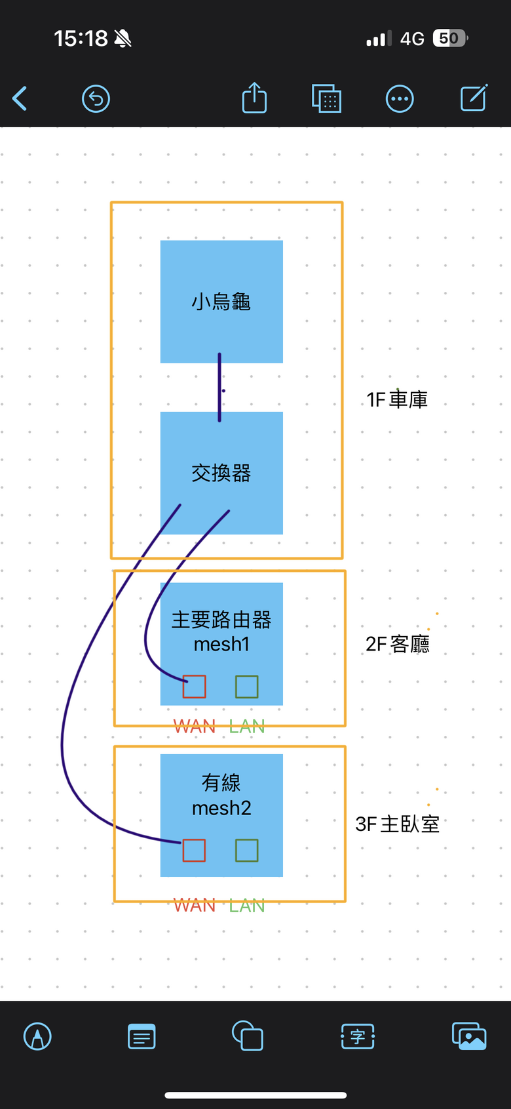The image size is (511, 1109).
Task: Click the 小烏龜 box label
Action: click(x=221, y=302)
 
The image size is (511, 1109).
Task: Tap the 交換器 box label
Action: click(x=221, y=473)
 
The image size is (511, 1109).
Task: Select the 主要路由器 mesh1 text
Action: click(x=221, y=632)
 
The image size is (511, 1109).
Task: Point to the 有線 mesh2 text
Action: click(x=221, y=795)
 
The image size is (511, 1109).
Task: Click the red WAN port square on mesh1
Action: click(x=194, y=687)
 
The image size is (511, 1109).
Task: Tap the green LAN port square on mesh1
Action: click(x=246, y=687)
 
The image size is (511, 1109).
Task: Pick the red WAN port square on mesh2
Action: click(x=194, y=850)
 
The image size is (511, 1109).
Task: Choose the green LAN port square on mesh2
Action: click(x=246, y=850)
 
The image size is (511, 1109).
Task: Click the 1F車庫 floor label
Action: click(x=397, y=399)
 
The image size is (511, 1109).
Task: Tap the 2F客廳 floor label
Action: click(x=398, y=644)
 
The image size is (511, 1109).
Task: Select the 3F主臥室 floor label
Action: click(x=397, y=824)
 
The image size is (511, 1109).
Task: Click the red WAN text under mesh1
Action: click(x=195, y=727)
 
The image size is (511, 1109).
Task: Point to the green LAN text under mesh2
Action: click(x=247, y=906)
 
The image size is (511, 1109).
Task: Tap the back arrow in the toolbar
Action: click(x=20, y=99)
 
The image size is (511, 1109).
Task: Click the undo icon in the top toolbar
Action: click(x=96, y=99)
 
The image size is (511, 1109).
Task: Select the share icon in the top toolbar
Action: click(x=254, y=98)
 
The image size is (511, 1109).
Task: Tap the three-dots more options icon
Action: click(x=400, y=99)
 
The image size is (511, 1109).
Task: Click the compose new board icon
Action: click(x=474, y=98)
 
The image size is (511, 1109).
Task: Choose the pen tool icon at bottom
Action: click(x=37, y=1037)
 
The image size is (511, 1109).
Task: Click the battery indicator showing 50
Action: click(x=450, y=39)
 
